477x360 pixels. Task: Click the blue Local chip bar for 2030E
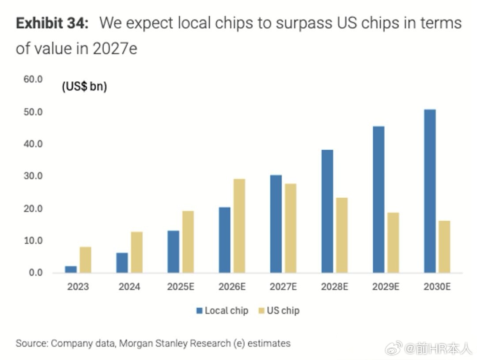point(429,191)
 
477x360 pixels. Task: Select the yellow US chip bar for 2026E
point(239,226)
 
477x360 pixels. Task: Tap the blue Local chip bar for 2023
point(71,269)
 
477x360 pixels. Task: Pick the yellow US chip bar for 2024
point(136,252)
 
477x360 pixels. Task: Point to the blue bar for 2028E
point(327,211)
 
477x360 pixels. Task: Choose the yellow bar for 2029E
point(393,243)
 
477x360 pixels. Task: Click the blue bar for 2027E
point(276,224)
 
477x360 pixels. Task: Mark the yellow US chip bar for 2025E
point(188,242)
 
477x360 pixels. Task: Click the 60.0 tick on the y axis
point(34,80)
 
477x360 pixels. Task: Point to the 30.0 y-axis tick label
point(34,176)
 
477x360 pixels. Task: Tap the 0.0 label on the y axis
point(35,273)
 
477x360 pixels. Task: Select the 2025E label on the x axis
point(181,287)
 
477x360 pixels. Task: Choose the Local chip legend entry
point(222,311)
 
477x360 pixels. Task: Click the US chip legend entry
point(278,311)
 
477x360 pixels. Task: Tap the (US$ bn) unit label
point(84,87)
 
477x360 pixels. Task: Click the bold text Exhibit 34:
point(52,23)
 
